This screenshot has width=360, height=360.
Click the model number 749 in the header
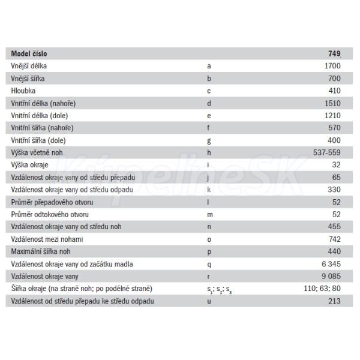pyautogui.click(x=334, y=53)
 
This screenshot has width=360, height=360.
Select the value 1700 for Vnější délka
pyautogui.click(x=332, y=65)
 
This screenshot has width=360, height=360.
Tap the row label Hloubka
pyautogui.click(x=23, y=90)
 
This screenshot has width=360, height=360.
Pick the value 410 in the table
pyautogui.click(x=334, y=90)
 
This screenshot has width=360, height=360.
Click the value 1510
pyautogui.click(x=332, y=103)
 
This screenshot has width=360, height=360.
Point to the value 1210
pyautogui.click(x=332, y=115)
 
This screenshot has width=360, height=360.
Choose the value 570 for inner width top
pyautogui.click(x=334, y=127)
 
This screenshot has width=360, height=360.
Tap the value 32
pyautogui.click(x=336, y=164)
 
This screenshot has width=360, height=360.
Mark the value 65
pyautogui.click(x=336, y=177)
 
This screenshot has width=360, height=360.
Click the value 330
pyautogui.click(x=334, y=190)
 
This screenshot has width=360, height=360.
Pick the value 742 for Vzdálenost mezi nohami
pyautogui.click(x=334, y=239)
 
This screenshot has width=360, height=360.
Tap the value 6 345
pyautogui.click(x=331, y=264)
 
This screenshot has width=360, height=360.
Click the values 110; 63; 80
pyautogui.click(x=322, y=289)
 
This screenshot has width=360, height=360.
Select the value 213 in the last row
pyautogui.click(x=334, y=301)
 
